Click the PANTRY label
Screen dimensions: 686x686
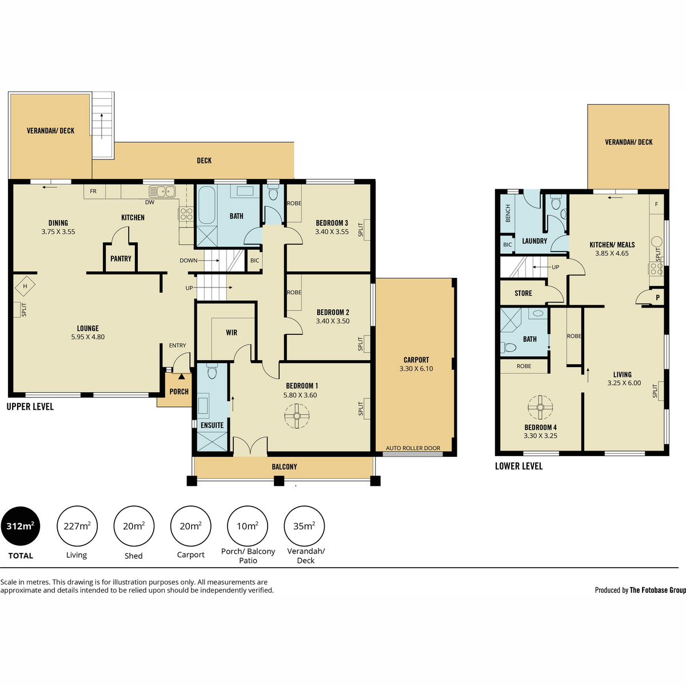[x=121, y=259]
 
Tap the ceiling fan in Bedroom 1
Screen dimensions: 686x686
[x=297, y=416]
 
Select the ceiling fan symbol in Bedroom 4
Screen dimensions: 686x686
[x=540, y=408]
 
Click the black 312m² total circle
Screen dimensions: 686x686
[x=20, y=526]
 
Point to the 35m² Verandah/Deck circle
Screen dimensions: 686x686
[x=304, y=526]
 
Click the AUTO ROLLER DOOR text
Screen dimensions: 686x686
[x=413, y=448]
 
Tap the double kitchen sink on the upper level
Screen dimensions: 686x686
[x=162, y=192]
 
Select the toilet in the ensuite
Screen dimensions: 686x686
[x=212, y=371]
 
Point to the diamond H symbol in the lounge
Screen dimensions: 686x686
[x=25, y=286]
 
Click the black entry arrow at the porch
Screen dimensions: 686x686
[x=182, y=376]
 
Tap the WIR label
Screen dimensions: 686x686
[x=232, y=333]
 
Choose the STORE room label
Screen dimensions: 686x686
[x=523, y=293]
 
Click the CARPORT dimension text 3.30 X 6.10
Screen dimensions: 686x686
[x=416, y=369]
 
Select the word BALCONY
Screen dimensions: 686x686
[x=284, y=466]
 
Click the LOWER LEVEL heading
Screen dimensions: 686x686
[x=519, y=466]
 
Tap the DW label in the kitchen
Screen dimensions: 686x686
[x=150, y=202]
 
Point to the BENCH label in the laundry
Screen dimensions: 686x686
[x=508, y=213]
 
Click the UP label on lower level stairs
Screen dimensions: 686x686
[x=555, y=267]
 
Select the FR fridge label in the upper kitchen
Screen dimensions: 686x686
[x=93, y=191]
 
